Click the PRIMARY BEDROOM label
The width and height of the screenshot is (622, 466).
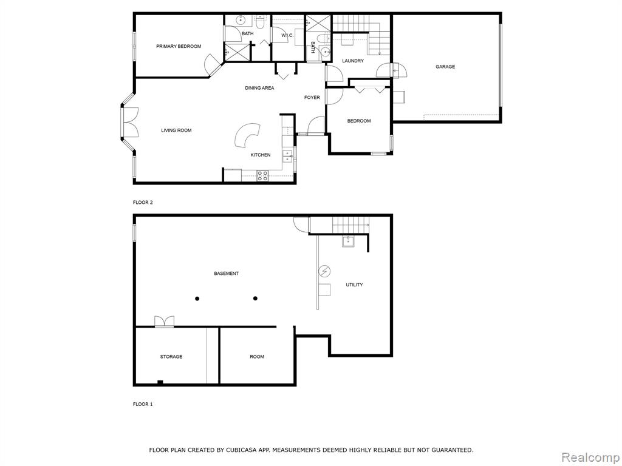pyautogui.click(x=179, y=46)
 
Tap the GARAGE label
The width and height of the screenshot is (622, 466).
pyautogui.click(x=445, y=67)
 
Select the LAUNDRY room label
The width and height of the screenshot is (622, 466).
pyautogui.click(x=353, y=61)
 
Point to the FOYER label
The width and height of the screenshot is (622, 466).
pyautogui.click(x=312, y=98)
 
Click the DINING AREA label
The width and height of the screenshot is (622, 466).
pyautogui.click(x=259, y=88)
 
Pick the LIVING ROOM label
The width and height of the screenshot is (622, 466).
pyautogui.click(x=176, y=130)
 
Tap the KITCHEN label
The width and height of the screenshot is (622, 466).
pyautogui.click(x=260, y=155)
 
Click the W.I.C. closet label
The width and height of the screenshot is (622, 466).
pyautogui.click(x=287, y=36)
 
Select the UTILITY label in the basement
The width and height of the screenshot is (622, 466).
pyautogui.click(x=354, y=285)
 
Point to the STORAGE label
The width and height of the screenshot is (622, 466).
pyautogui.click(x=171, y=357)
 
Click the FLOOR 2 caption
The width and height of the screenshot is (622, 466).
pyautogui.click(x=142, y=203)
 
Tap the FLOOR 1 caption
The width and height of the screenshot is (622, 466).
pyautogui.click(x=142, y=404)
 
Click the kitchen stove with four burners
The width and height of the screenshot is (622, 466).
pyautogui.click(x=262, y=175)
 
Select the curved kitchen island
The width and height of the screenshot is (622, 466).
pyautogui.click(x=247, y=135)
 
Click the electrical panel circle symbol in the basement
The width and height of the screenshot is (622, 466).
pyautogui.click(x=324, y=271)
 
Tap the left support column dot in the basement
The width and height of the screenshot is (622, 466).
pyautogui.click(x=197, y=299)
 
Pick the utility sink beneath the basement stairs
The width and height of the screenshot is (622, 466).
pyautogui.click(x=348, y=241)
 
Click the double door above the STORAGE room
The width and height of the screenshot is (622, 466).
pyautogui.click(x=164, y=322)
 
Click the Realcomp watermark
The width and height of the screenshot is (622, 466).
pyautogui.click(x=590, y=457)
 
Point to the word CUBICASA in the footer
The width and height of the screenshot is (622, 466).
pyautogui.click(x=240, y=450)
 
